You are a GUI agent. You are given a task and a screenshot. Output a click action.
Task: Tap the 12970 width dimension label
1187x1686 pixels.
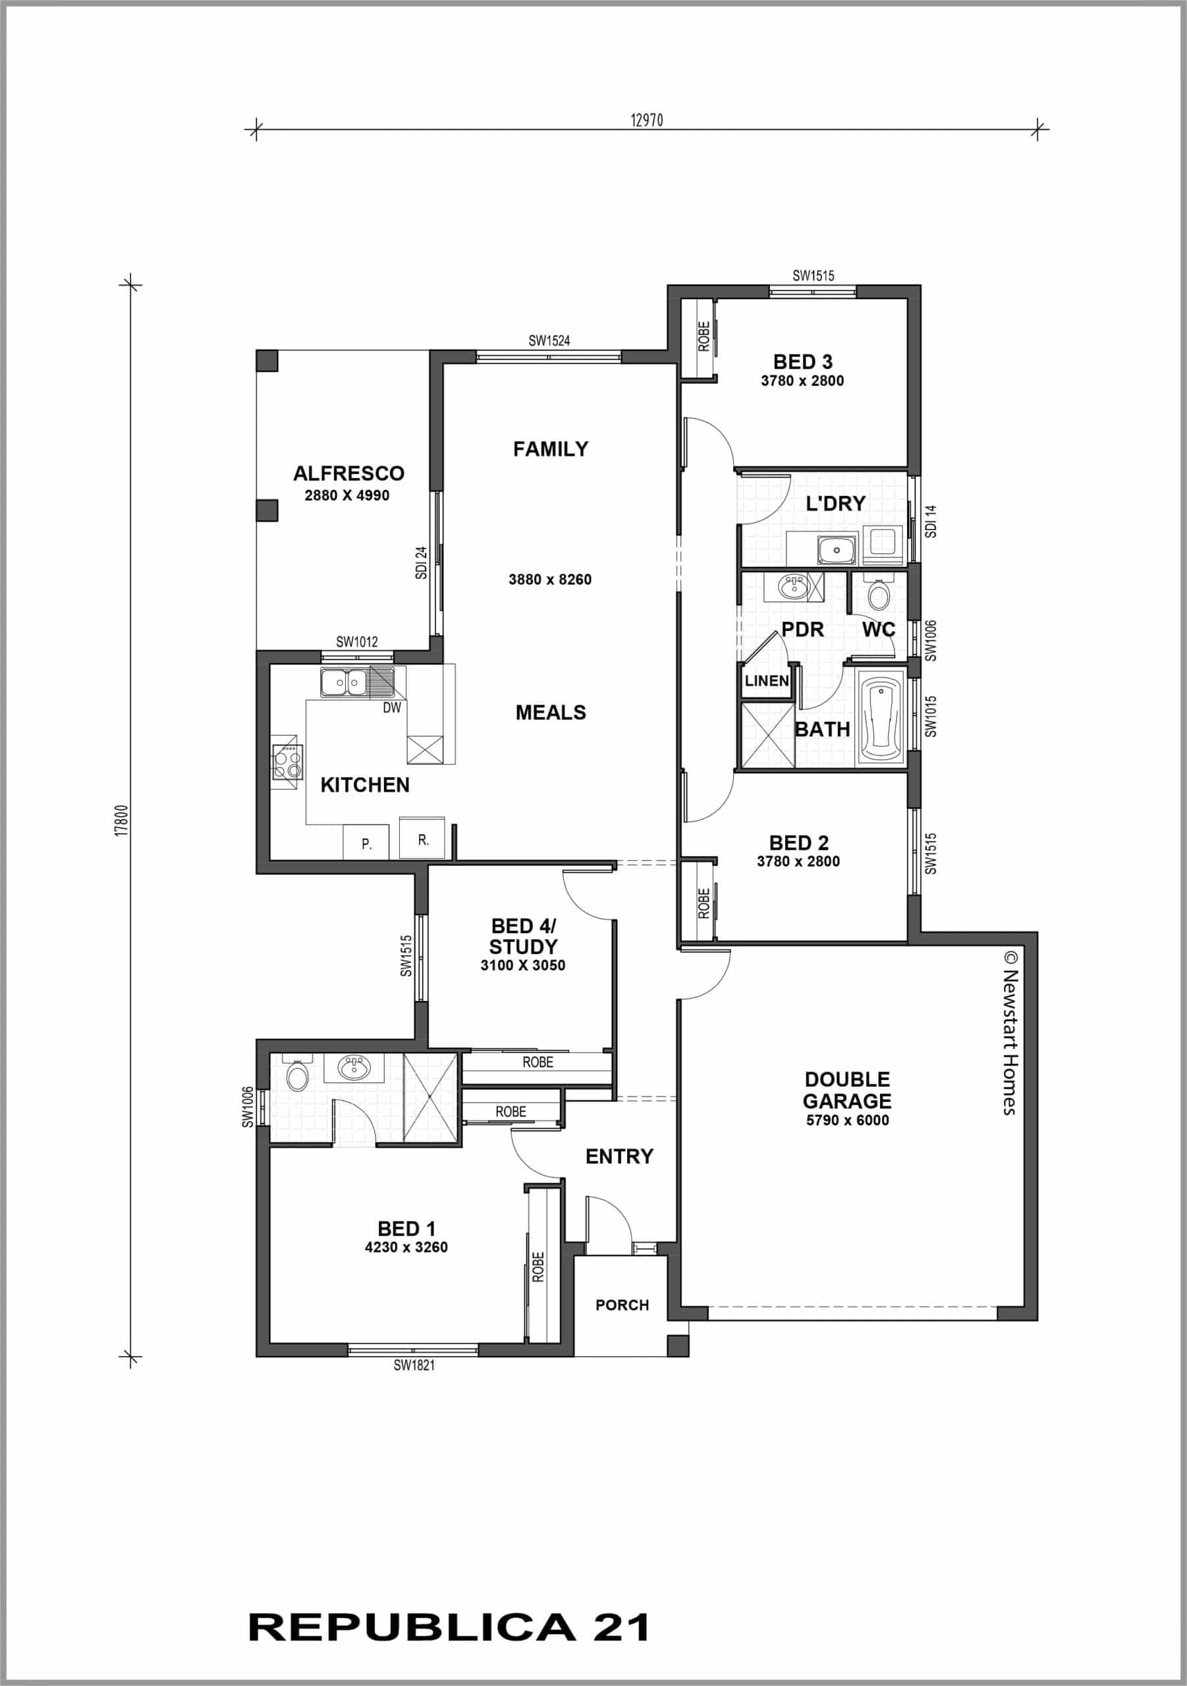646,121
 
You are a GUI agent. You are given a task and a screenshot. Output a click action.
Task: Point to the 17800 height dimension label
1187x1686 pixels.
123,820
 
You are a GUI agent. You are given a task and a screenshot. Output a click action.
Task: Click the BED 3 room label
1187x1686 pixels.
802,362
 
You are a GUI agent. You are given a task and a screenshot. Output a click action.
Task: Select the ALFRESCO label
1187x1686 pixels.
348,473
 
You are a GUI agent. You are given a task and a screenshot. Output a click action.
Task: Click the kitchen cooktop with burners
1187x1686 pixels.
287,761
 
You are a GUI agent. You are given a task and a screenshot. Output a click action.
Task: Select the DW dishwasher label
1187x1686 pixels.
391,708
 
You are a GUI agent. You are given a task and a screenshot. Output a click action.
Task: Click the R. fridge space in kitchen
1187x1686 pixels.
422,839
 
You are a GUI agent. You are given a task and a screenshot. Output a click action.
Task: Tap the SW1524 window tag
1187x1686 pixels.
549,340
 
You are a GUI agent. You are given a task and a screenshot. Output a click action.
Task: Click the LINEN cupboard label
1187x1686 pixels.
766,681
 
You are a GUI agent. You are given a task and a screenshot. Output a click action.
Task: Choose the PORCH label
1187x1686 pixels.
621,1305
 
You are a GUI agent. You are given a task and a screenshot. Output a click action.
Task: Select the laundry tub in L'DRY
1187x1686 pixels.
835,548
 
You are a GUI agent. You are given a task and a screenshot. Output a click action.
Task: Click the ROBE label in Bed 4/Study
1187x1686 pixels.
538,1062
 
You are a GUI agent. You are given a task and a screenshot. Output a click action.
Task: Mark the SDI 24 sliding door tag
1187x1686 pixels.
421,562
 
